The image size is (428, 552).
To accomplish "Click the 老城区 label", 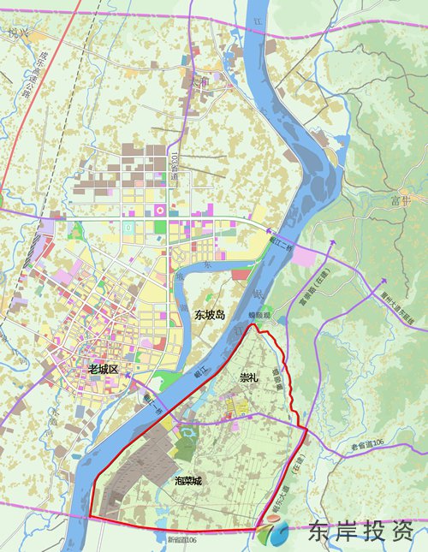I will [x=108, y=369].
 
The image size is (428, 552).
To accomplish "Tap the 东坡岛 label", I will [x=209, y=315].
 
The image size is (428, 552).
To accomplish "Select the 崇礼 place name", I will [x=249, y=377].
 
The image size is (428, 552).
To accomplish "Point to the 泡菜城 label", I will [x=187, y=481].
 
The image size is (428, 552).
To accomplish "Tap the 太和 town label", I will [x=199, y=84].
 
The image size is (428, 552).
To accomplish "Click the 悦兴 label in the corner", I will [x=14, y=34].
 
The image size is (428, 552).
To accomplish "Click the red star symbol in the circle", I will [x=159, y=210].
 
